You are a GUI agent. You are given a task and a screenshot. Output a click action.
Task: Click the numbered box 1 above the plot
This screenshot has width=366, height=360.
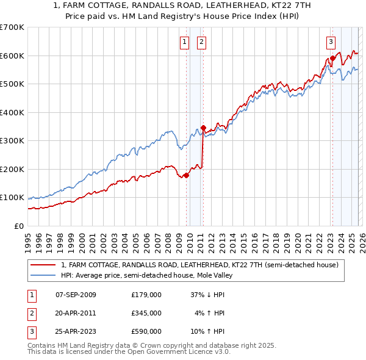point(184,42)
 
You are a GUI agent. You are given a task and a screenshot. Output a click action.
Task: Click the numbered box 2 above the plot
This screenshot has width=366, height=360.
point(201,42)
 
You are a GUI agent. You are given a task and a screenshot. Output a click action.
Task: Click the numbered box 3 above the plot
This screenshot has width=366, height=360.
point(331,42)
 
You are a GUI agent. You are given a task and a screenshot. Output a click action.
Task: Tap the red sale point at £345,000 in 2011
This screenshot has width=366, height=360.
point(204,128)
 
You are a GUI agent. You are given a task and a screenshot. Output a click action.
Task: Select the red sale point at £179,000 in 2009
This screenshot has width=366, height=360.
point(186,175)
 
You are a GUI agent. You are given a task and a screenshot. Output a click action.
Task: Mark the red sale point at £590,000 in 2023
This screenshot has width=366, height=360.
point(332,59)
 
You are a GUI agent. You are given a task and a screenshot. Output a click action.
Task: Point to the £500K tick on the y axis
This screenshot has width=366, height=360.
point(12,84)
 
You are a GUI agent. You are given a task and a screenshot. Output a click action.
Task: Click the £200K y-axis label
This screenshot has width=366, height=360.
point(12,169)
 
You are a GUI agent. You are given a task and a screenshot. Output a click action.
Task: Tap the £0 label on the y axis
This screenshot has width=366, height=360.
point(18,226)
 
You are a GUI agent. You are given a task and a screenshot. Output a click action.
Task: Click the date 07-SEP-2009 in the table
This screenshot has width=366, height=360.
point(76,295)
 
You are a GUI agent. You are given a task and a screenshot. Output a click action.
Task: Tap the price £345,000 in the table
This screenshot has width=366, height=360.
point(146,313)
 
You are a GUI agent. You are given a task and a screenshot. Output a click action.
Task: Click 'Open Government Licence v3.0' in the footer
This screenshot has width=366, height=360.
point(179,352)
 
